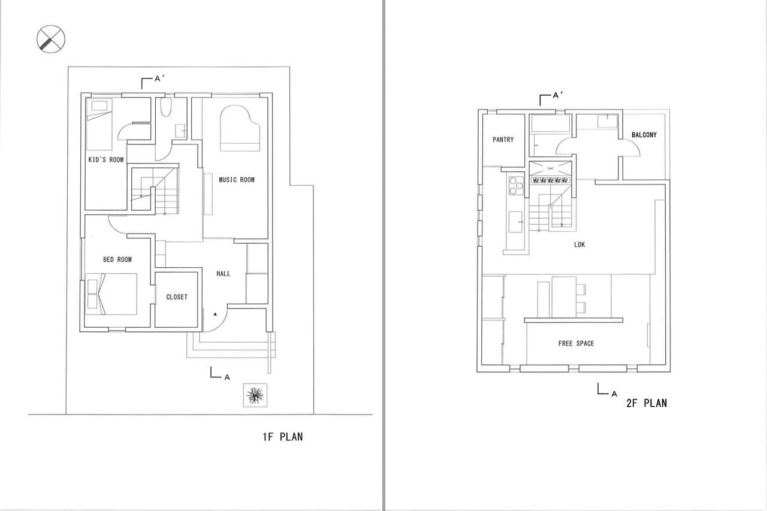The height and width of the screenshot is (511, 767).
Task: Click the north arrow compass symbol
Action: point(51,39)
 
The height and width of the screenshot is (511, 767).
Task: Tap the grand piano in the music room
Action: point(240,128)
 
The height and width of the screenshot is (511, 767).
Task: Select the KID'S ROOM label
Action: point(106,159)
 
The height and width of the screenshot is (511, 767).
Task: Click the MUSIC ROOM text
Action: point(237,180)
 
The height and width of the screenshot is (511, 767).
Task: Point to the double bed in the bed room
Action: point(111,294)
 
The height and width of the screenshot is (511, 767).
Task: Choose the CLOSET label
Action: point(177,297)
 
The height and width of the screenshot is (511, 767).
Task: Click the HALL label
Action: point(224,273)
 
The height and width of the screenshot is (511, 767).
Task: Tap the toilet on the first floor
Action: point(166,107)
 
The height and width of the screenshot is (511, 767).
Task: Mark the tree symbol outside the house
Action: point(255,395)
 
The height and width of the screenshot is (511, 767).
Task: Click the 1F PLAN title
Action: point(283,437)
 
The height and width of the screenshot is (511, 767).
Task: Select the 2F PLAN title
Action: point(647,403)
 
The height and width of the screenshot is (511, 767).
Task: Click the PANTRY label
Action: point(503,140)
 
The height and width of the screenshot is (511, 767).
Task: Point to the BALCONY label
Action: point(644,135)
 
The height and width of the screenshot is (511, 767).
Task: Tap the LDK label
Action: point(579,245)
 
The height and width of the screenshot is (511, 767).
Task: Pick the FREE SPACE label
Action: point(576,343)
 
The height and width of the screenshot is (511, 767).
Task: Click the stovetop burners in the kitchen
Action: point(516,186)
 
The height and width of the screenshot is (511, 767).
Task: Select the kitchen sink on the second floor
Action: point(516,222)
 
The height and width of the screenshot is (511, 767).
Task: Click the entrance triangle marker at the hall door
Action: point(215,314)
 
